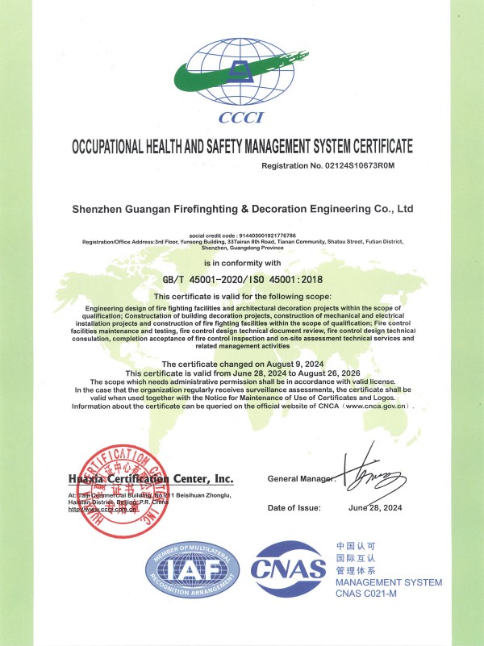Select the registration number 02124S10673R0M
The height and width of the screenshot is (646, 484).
click(x=367, y=165)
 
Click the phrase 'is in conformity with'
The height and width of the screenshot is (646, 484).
click(x=242, y=263)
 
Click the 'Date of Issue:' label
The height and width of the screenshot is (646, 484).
click(x=294, y=507)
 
